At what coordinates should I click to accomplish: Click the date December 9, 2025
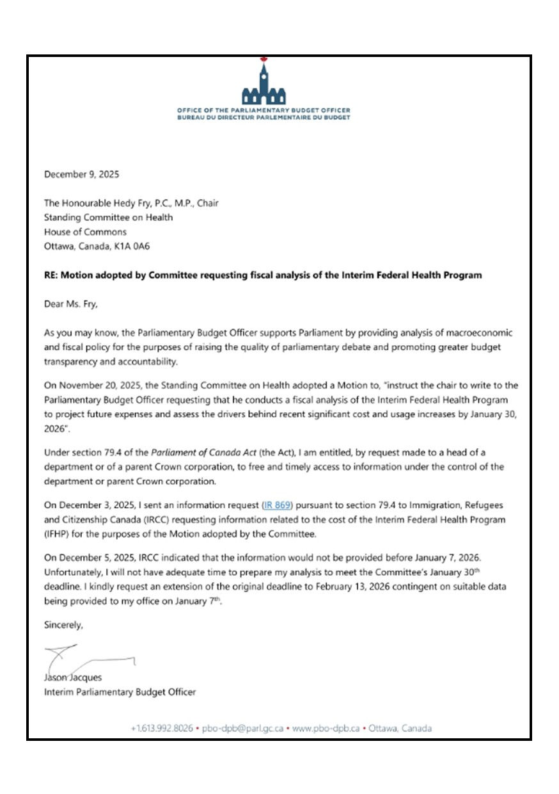click(x=81, y=174)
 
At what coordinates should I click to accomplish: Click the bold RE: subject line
click(x=262, y=275)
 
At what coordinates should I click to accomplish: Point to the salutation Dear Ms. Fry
click(x=70, y=304)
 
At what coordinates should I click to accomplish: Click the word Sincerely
click(x=63, y=623)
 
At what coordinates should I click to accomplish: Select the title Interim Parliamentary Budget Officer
click(x=120, y=692)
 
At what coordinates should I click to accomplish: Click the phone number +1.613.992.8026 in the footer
click(x=162, y=728)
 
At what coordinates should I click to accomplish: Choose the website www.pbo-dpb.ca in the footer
click(x=326, y=728)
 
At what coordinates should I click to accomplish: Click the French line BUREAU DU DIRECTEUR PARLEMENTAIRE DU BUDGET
click(x=264, y=117)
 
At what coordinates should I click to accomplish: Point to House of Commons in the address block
click(x=85, y=232)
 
